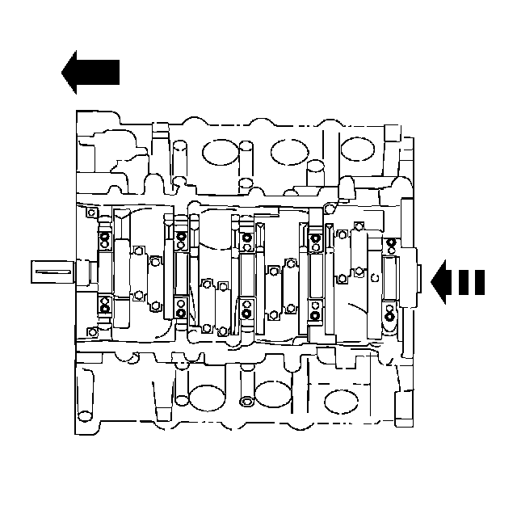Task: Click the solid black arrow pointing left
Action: point(90,71)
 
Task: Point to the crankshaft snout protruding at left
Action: point(53,272)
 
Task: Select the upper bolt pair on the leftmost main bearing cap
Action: point(104,240)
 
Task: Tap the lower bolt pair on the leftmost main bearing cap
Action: point(104,305)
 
